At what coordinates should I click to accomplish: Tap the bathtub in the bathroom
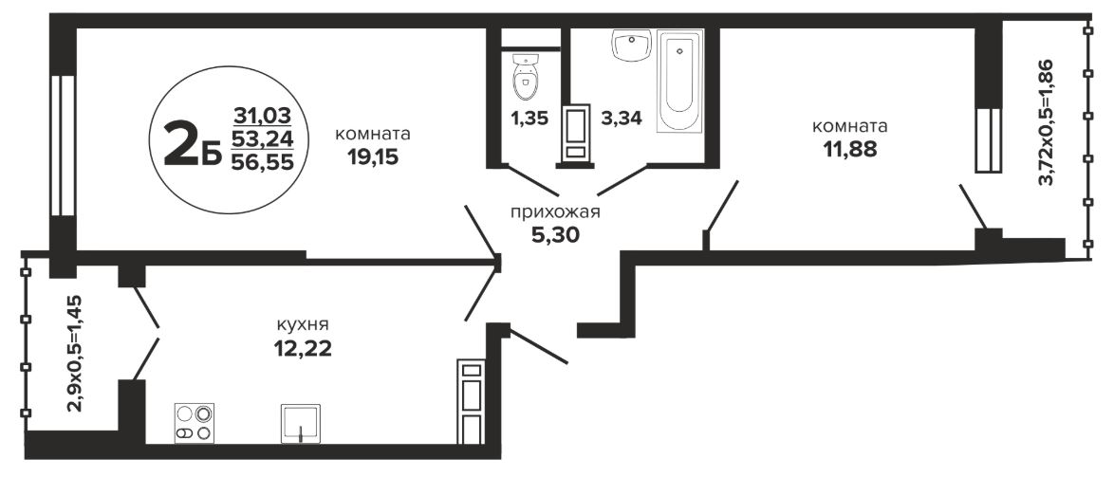click(680, 81)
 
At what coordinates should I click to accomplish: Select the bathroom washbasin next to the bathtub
click(631, 46)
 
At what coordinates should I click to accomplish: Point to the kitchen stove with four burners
click(195, 423)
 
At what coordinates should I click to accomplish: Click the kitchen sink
click(301, 424)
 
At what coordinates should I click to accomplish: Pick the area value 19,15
click(372, 156)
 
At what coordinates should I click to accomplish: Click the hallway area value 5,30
click(556, 234)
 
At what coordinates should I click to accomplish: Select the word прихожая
click(556, 211)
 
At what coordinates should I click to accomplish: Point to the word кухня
click(303, 325)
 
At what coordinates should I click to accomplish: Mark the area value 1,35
click(529, 118)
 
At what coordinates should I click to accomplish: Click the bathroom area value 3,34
click(622, 118)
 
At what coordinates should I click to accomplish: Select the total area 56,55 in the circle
click(262, 161)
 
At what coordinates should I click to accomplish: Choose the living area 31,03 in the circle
click(262, 115)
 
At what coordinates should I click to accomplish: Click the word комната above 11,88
click(849, 127)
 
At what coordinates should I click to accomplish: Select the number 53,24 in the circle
click(262, 138)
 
